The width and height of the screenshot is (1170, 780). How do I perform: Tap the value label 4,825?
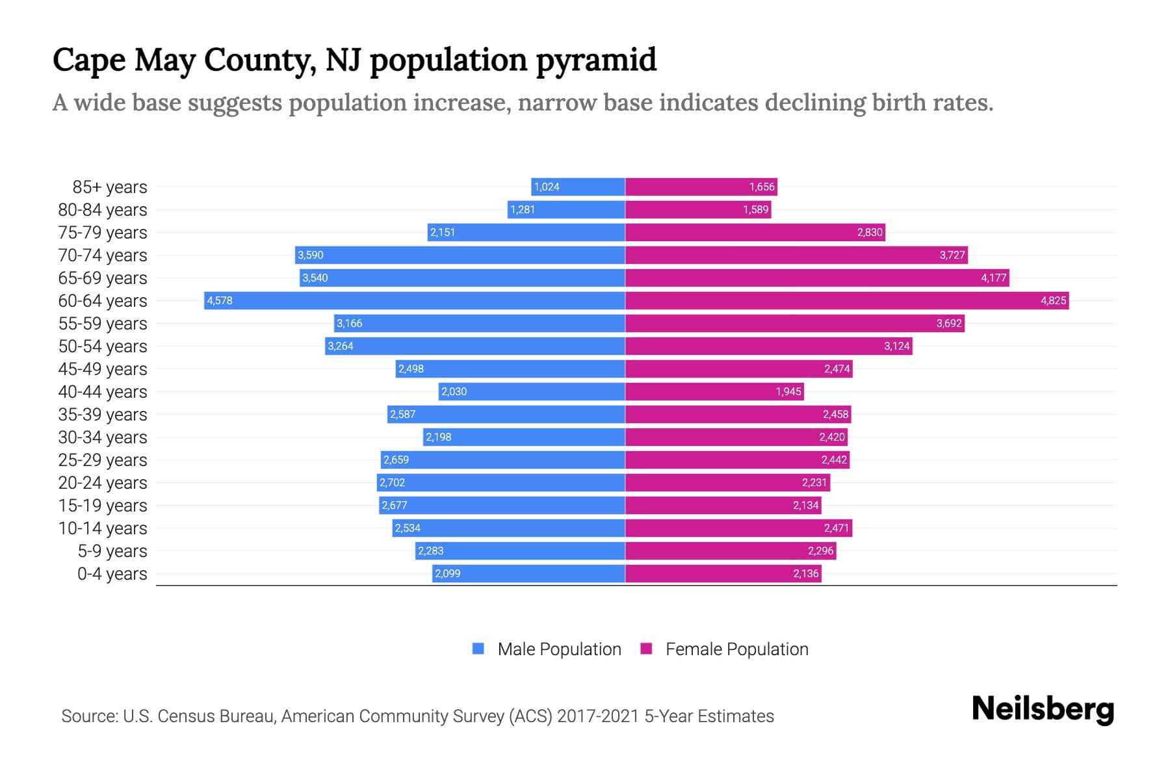click(x=1053, y=300)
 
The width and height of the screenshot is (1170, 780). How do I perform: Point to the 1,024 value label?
click(x=547, y=187)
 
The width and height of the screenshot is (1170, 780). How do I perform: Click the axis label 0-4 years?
click(x=112, y=574)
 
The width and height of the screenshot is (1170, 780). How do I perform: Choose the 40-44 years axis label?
click(x=103, y=392)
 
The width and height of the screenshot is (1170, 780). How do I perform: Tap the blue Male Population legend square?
click(x=478, y=649)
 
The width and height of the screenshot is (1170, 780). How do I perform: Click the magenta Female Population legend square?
click(x=646, y=649)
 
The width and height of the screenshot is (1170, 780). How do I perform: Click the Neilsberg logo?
click(x=1043, y=709)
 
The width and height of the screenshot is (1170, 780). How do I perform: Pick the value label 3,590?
click(x=311, y=255)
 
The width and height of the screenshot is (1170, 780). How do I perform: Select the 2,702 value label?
click(x=392, y=482)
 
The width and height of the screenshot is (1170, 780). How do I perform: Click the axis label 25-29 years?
click(x=103, y=460)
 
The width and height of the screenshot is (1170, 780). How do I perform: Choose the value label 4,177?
click(x=993, y=278)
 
